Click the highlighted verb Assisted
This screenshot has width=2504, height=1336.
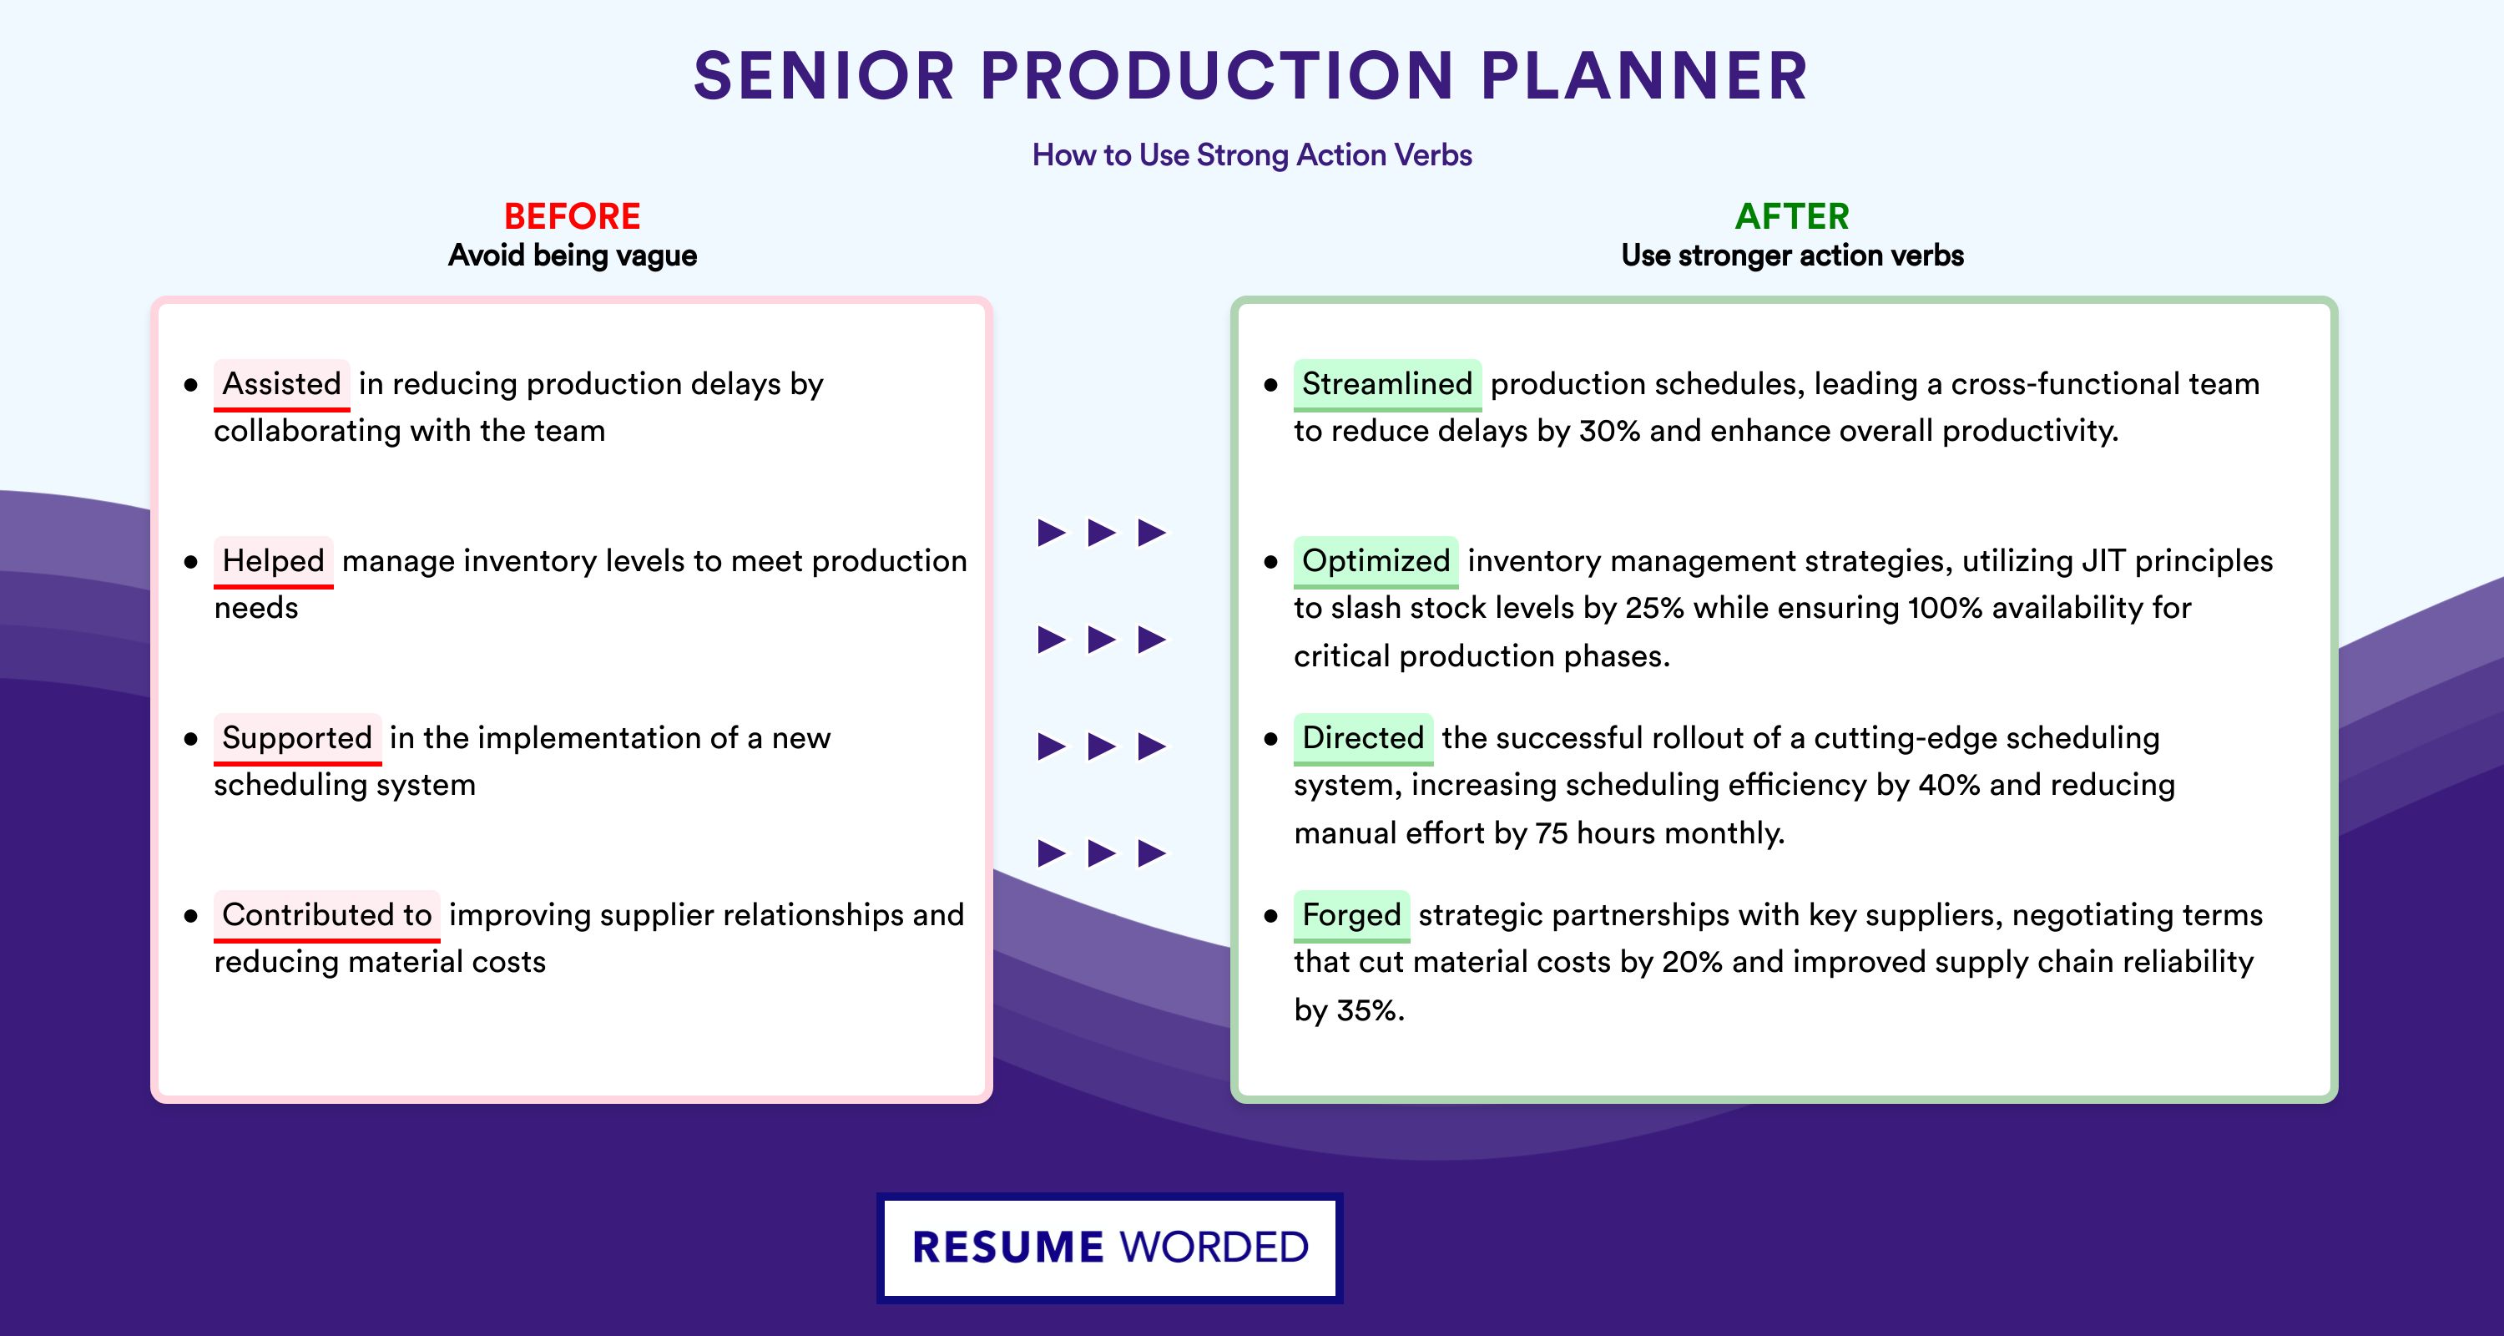(x=282, y=384)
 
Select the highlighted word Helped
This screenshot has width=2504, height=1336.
(x=273, y=561)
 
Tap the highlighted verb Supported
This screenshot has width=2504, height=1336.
(x=297, y=738)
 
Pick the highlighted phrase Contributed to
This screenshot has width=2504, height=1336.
(x=326, y=915)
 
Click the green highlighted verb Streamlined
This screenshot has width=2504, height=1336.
(x=1387, y=384)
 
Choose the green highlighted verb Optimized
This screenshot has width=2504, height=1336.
(x=1376, y=561)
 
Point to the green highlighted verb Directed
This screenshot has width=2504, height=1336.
(x=1363, y=738)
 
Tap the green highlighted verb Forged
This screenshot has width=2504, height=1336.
(x=1351, y=915)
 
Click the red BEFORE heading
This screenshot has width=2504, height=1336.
(x=573, y=216)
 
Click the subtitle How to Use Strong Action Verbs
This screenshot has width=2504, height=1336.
(x=1252, y=154)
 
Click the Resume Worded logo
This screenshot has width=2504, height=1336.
(x=1110, y=1247)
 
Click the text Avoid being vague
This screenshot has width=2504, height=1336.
(x=573, y=256)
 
